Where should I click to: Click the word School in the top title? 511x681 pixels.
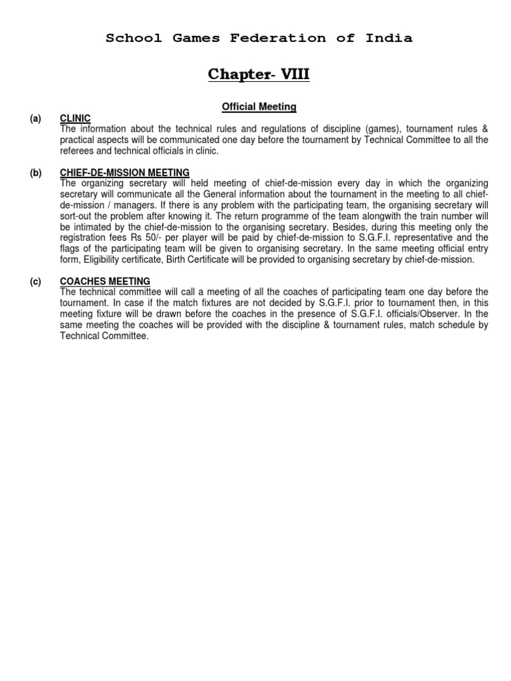click(134, 38)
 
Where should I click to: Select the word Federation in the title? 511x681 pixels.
click(278, 38)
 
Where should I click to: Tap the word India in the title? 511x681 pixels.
click(389, 38)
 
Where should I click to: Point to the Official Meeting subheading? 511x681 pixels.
click(259, 106)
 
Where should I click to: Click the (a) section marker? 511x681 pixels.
click(35, 118)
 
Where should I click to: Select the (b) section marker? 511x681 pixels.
click(35, 173)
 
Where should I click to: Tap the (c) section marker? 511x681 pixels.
click(35, 281)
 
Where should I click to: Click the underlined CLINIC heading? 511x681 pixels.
click(75, 118)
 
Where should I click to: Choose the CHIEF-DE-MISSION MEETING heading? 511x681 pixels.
click(124, 173)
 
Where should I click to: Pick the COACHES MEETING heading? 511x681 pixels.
click(105, 281)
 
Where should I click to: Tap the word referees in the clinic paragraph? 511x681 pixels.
click(78, 151)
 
